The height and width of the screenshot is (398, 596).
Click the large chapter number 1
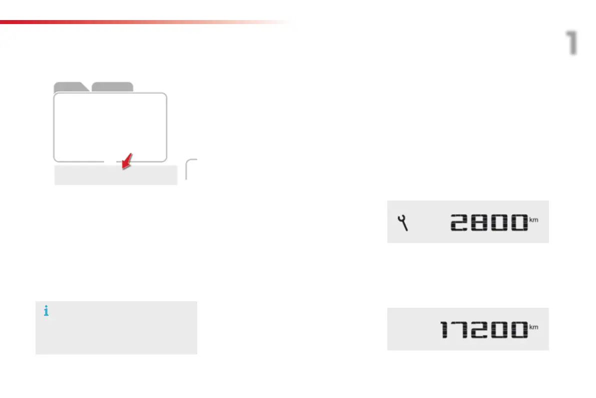tap(571, 43)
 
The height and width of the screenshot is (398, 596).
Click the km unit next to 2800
tap(533, 220)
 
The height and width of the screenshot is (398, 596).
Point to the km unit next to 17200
tap(533, 327)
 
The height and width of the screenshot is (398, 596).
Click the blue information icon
tap(47, 312)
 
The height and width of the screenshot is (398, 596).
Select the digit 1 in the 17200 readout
tap(446, 330)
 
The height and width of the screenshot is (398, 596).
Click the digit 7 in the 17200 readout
tap(459, 330)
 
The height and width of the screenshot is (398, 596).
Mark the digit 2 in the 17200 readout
tap(476, 330)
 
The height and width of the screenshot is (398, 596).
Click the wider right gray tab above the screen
tap(113, 87)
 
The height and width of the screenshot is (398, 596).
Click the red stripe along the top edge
tap(100, 22)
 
